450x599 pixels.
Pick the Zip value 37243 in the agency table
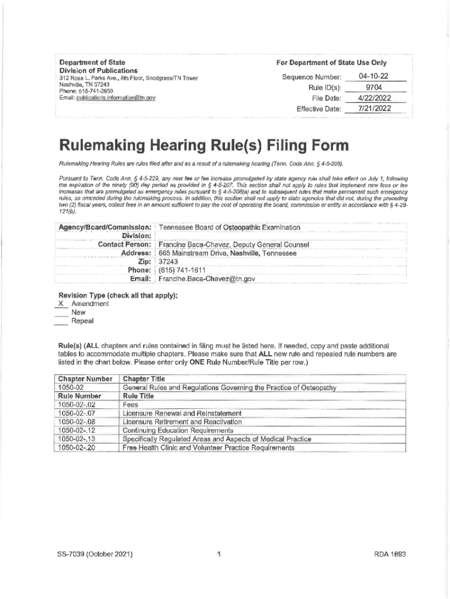(169, 261)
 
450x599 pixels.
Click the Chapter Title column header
(144, 378)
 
